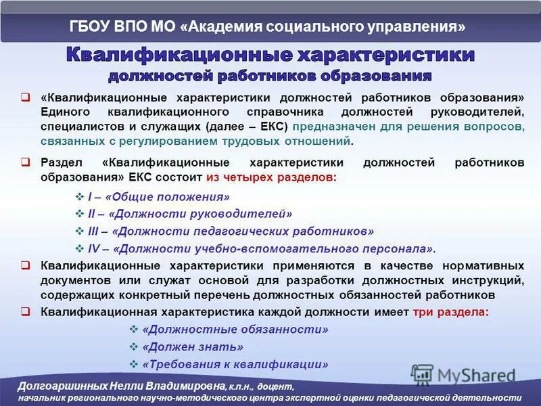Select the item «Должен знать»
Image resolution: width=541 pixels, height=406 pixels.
(x=193, y=347)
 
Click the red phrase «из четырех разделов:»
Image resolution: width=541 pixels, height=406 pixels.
(x=270, y=177)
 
